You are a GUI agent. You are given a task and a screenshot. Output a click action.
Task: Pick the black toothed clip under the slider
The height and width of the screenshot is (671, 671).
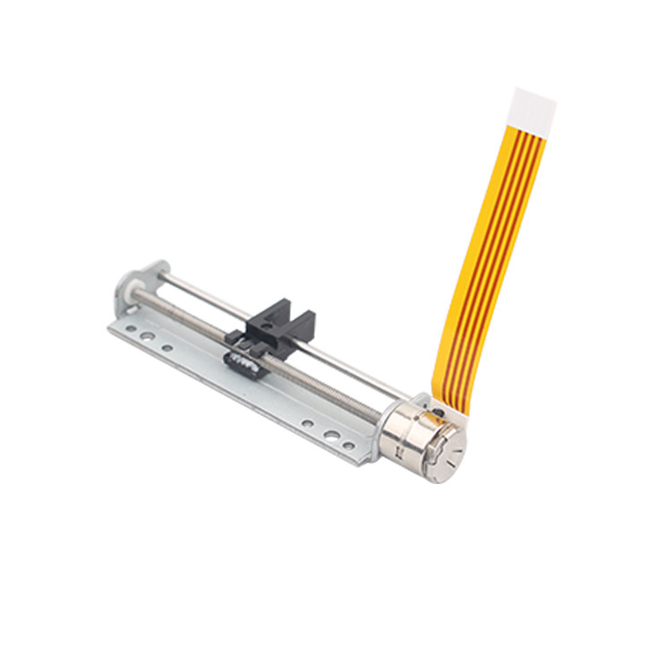pyautogui.click(x=242, y=358)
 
